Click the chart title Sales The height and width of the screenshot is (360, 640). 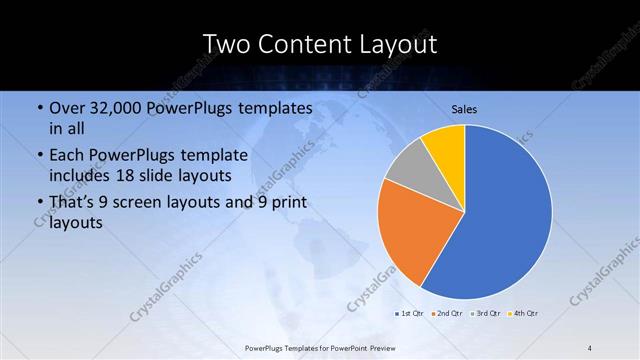tap(465, 108)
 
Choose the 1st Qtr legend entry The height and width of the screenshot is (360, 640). tap(407, 314)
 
